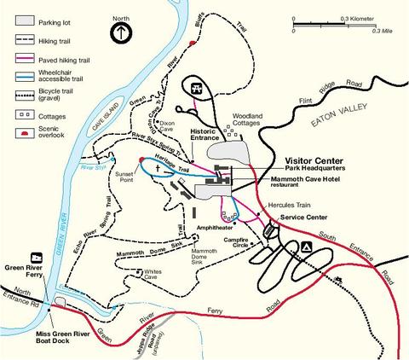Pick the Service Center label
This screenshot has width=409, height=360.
299,218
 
